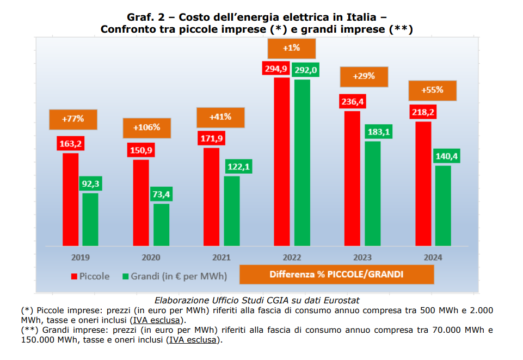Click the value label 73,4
(161, 194)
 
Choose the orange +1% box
(292, 48)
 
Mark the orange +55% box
(433, 90)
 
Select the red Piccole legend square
(74, 276)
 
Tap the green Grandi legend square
(126, 276)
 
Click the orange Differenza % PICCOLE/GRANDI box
(336, 274)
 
